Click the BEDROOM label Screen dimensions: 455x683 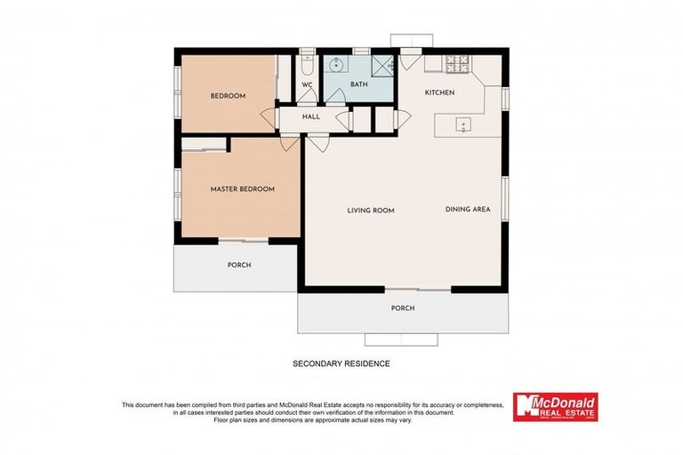[228, 96]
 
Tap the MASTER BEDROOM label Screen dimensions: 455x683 [242, 189]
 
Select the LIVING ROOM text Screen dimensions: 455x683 [370, 211]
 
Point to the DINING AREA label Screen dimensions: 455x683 [468, 210]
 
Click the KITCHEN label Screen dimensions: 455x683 [439, 92]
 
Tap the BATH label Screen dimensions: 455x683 [358, 84]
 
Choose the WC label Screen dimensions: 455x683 [308, 84]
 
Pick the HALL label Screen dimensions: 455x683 [310, 116]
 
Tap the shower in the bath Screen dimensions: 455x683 [383, 65]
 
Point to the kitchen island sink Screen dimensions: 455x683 [463, 124]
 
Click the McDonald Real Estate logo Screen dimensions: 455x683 [555, 408]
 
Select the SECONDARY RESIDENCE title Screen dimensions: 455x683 [341, 363]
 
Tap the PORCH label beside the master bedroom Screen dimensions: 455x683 [238, 265]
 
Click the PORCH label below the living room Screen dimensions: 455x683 [403, 308]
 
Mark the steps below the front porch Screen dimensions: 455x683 [402, 339]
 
